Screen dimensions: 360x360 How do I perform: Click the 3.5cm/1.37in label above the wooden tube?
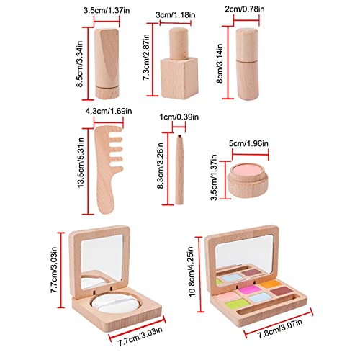coord(107,11)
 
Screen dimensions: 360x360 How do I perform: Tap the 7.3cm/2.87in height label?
coord(146,57)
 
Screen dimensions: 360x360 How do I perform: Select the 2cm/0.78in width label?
coord(245,9)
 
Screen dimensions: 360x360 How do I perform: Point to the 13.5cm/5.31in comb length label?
coord(81,163)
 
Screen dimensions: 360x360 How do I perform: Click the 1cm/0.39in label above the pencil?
coord(179,117)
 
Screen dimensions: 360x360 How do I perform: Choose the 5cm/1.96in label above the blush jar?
coord(248,143)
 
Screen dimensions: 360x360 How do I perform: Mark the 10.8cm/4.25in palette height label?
coord(192,271)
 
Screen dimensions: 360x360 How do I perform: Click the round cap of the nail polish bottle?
coord(178,43)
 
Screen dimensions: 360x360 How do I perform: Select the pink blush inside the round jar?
coord(247,170)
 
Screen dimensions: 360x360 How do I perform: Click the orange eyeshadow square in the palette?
coord(271,284)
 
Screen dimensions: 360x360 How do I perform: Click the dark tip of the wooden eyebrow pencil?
coord(179,136)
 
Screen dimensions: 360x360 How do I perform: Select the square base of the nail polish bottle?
coord(179,78)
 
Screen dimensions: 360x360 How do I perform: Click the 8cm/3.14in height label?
coord(220,63)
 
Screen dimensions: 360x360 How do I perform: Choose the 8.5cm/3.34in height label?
coord(79,64)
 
